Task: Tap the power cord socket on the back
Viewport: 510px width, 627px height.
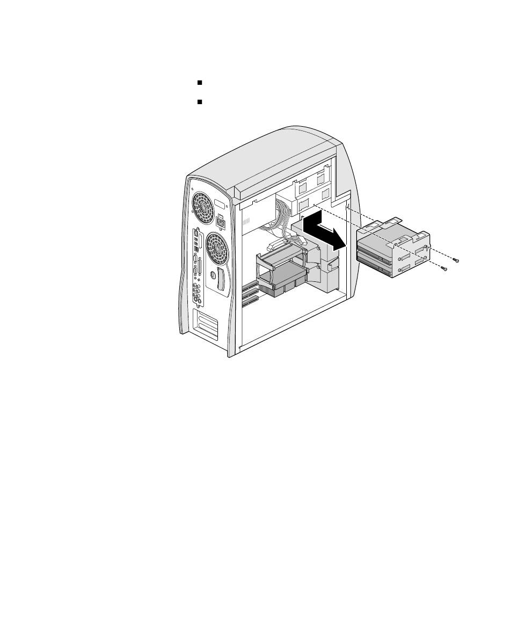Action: tap(220, 221)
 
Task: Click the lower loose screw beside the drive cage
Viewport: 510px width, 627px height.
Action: tap(443, 268)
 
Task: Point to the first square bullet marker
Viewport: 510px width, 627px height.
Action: tap(199, 83)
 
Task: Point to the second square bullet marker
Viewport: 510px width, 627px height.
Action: tap(199, 101)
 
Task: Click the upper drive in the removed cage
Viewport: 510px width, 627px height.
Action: tap(375, 246)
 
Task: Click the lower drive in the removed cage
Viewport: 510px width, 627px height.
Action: tap(376, 263)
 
